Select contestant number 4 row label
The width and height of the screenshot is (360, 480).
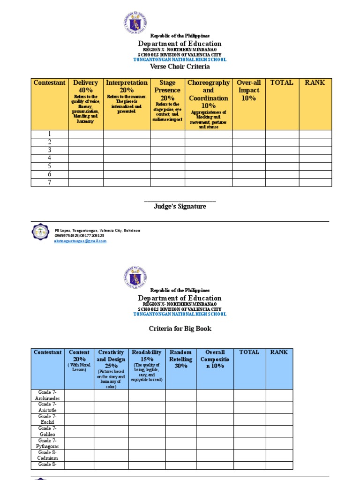tap(49, 158)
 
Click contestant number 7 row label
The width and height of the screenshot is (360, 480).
tap(49, 182)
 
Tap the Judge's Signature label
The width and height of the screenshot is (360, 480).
tap(180, 206)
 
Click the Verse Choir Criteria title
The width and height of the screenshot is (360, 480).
tap(180, 67)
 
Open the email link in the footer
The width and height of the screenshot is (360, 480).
tap(81, 241)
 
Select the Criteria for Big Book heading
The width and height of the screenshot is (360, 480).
tap(180, 329)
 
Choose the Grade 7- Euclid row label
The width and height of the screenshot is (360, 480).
tap(47, 419)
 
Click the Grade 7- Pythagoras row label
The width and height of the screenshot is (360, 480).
tap(47, 443)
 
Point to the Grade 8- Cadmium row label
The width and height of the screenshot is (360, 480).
tap(47, 455)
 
